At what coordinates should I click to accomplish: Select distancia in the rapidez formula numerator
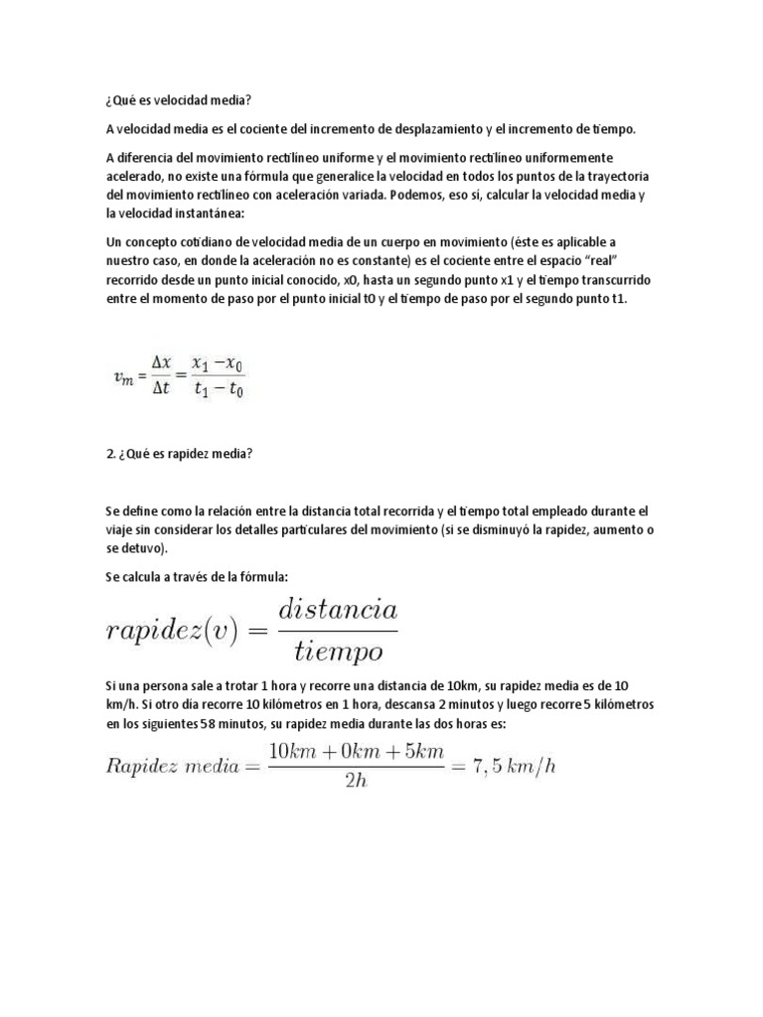pyautogui.click(x=337, y=607)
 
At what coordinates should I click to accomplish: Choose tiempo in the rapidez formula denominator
pyautogui.click(x=338, y=652)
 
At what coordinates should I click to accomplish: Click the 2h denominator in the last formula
pyautogui.click(x=355, y=781)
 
